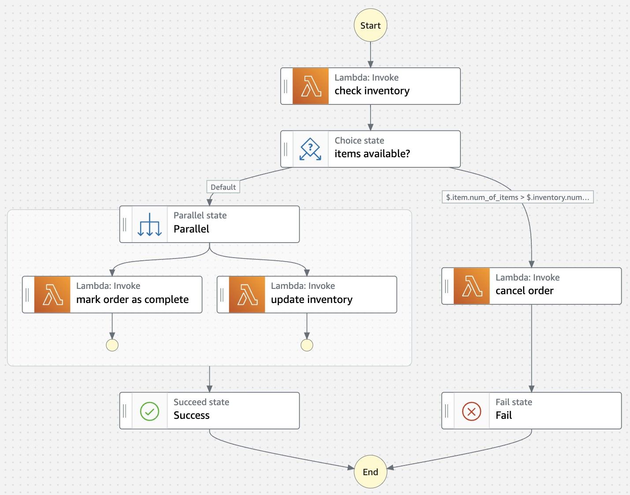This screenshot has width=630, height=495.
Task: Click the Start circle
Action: (370, 26)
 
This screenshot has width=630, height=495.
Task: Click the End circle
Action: (370, 472)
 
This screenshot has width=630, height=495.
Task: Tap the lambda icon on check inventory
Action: (311, 86)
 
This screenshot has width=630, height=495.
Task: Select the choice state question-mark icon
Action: (310, 149)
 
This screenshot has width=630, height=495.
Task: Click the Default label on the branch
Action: (223, 187)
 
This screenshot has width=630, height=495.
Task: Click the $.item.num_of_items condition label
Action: (517, 197)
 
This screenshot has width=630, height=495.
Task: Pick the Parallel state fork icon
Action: (149, 225)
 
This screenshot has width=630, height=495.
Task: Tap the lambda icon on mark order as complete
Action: (52, 295)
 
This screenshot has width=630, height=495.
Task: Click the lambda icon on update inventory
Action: (247, 295)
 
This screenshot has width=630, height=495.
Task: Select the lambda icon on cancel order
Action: (472, 286)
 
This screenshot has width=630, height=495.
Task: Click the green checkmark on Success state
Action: (149, 411)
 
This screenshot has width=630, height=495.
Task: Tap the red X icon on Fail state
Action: (471, 411)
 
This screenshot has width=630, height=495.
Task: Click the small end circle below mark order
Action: (112, 345)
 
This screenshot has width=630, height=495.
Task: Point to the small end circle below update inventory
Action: (307, 345)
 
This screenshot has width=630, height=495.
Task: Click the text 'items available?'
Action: (372, 154)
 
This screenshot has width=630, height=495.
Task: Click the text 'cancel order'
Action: (524, 291)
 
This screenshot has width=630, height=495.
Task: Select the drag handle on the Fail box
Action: (447, 411)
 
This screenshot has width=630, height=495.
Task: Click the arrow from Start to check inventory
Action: (371, 55)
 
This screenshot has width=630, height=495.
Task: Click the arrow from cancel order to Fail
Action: (531, 348)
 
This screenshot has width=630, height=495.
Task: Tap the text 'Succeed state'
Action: (201, 402)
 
